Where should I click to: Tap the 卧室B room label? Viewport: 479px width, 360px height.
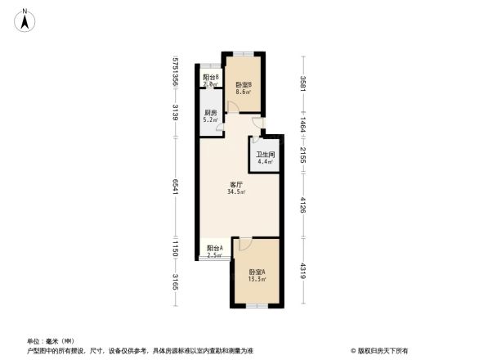tap(243, 85)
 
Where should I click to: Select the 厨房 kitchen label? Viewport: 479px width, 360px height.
tap(210, 113)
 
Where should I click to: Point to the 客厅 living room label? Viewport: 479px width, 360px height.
tap(237, 184)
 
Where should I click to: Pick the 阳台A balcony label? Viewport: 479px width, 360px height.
tap(214, 248)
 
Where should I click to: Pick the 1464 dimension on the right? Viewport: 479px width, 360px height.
tap(303, 127)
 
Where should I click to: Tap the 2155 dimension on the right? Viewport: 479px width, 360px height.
tap(303, 154)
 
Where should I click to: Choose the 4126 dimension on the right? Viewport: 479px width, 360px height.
tap(303, 203)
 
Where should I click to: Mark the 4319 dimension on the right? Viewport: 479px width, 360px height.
tap(303, 271)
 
